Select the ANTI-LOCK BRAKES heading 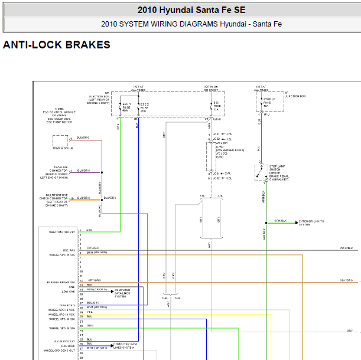click(x=57, y=45)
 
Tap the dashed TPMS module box click(x=60, y=140)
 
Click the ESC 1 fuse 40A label click(x=126, y=107)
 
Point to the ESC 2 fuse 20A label click(x=144, y=107)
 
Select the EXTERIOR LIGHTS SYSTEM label click(x=311, y=222)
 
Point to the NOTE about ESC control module click(x=59, y=116)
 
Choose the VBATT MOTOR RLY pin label click(x=63, y=232)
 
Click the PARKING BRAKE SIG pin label click(x=61, y=282)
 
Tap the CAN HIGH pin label click(x=68, y=346)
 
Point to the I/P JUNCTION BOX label click(x=295, y=94)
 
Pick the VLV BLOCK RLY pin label click(x=64, y=341)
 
